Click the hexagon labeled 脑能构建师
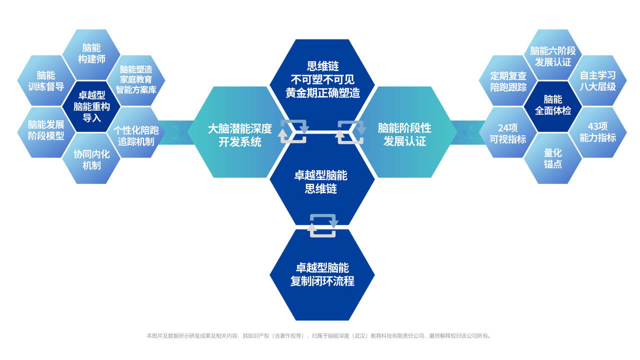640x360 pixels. click(x=91, y=53)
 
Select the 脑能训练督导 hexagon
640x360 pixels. click(x=45, y=80)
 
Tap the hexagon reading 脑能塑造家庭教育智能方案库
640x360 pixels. click(x=136, y=80)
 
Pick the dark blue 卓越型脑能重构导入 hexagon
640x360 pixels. click(x=91, y=106)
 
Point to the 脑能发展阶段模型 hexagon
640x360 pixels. click(x=45, y=130)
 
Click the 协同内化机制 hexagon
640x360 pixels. click(x=91, y=159)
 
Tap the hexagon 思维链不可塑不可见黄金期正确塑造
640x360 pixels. click(x=322, y=79)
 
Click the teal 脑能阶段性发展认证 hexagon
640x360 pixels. click(x=404, y=134)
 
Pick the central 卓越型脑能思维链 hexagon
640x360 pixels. click(x=322, y=182)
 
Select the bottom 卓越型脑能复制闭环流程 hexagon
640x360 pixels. click(x=322, y=275)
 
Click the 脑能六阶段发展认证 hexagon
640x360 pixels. click(x=552, y=56)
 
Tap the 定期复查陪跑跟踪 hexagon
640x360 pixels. click(x=508, y=81)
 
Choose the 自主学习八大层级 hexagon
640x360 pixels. click(x=597, y=81)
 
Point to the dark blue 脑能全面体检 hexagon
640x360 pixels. click(x=552, y=105)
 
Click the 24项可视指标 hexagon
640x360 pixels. click(x=508, y=133)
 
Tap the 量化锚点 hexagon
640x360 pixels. click(x=552, y=158)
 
